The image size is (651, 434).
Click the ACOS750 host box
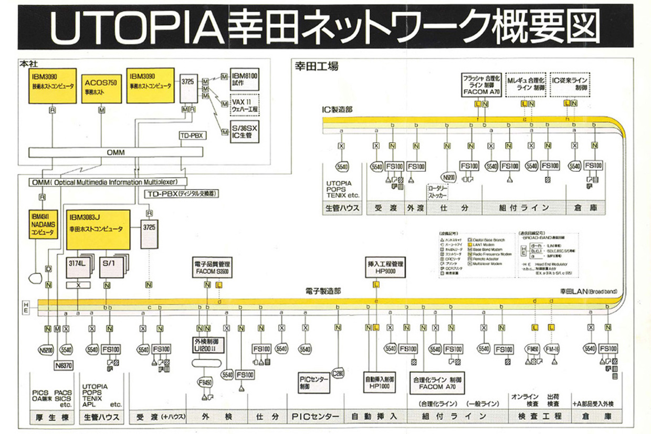(101, 88)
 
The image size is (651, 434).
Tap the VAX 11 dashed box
(245, 104)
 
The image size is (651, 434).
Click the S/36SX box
(245, 130)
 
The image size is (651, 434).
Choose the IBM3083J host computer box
(98, 230)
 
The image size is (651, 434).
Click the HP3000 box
(375, 268)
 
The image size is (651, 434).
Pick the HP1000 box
(375, 383)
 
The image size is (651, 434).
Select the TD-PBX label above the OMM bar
(191, 136)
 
